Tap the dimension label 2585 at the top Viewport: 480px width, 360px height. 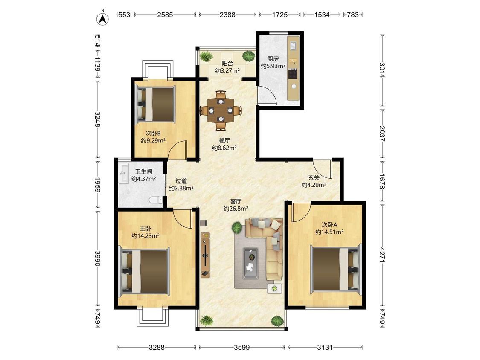pos(165,15)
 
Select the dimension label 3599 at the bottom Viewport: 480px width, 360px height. pos(242,347)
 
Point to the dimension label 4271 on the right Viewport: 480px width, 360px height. pos(382,255)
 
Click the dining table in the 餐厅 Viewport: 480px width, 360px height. pos(221,110)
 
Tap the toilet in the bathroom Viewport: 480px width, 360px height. pos(156,200)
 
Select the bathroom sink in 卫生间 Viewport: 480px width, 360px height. pos(124,174)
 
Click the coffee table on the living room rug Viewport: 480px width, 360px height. pos(250,263)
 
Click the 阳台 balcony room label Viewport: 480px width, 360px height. pos(227,64)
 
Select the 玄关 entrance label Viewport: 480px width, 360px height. pos(314,177)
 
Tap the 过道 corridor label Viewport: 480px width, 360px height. pos(181,181)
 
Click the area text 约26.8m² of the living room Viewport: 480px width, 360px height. pos(236,209)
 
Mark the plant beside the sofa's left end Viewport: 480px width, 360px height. pos(236,227)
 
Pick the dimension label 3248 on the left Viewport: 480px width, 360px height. pos(97,119)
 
